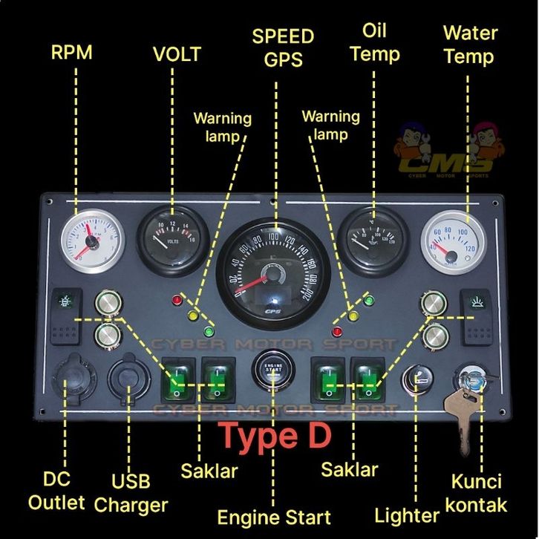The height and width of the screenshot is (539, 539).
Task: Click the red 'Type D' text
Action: tap(273, 436)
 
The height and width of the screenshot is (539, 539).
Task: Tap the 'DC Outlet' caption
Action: tap(56, 491)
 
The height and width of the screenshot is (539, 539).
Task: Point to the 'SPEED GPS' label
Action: tap(283, 48)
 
